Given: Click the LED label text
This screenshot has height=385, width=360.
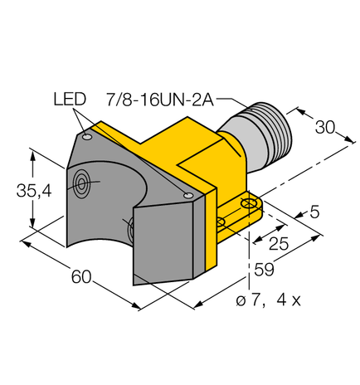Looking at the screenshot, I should [71, 100].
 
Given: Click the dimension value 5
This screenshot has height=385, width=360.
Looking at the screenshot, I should [314, 213].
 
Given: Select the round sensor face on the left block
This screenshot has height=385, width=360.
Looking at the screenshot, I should [83, 183].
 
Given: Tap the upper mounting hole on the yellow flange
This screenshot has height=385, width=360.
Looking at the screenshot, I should [246, 203].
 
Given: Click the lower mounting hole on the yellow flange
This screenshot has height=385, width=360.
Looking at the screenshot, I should [221, 222].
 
